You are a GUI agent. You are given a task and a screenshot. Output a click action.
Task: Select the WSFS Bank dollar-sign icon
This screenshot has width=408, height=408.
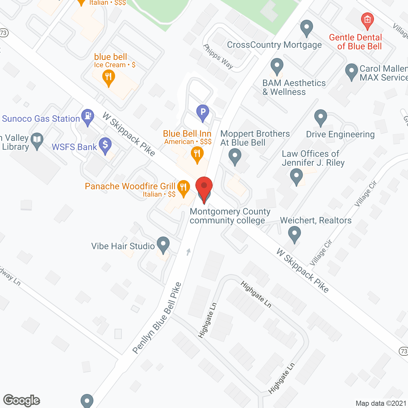(x=105, y=145)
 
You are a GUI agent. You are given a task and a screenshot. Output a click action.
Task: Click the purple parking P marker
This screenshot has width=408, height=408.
(x=202, y=112)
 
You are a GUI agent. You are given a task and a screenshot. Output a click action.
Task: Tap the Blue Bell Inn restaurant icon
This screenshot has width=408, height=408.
(x=197, y=154)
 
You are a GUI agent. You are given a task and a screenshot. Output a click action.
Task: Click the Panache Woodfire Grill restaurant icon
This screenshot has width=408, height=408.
(x=183, y=187)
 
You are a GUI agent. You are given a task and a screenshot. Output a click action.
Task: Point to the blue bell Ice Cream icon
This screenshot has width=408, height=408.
(x=109, y=77)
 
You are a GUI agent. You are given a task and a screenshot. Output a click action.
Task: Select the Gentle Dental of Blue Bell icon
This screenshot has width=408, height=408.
(x=367, y=20)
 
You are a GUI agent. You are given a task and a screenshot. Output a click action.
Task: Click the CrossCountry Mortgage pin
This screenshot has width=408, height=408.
(x=307, y=28)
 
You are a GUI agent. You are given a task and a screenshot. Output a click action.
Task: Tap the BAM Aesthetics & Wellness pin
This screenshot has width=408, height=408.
(x=277, y=66)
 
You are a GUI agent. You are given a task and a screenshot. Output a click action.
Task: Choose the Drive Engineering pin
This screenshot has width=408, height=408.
(x=321, y=117)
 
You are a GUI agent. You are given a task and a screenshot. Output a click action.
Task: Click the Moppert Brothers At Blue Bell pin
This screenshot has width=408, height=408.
(x=235, y=157)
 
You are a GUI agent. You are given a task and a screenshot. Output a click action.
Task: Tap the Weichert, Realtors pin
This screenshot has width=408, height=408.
(x=295, y=234)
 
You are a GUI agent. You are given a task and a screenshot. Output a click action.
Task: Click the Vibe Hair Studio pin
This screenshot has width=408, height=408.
(x=163, y=244)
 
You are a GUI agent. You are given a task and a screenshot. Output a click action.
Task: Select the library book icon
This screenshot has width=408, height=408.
(x=37, y=140)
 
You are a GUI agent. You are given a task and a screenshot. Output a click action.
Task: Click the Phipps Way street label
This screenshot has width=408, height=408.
(x=218, y=56)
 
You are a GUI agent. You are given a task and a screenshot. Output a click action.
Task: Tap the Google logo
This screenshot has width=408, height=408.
(x=22, y=400)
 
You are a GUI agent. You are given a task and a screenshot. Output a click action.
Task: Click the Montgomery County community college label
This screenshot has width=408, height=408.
(x=230, y=216)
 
